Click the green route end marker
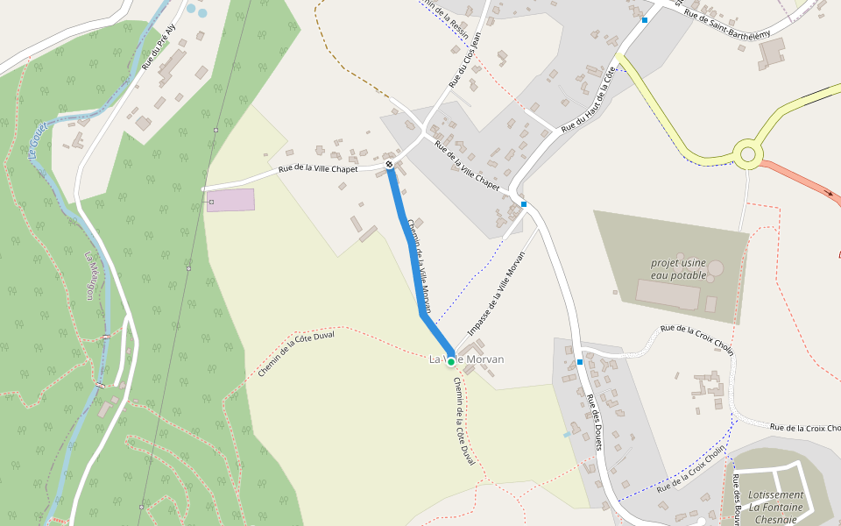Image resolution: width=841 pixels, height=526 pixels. coord(451,361)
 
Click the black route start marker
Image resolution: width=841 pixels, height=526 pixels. coord(389,164)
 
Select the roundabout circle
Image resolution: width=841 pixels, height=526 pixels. coord(747,155)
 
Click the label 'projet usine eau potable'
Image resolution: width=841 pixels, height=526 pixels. coord(678,268)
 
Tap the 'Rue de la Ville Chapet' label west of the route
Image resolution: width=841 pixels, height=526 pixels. coord(317,168)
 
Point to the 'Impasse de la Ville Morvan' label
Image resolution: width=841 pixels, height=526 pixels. coord(496,294)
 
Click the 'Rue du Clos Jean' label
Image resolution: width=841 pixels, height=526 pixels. coord(465,59)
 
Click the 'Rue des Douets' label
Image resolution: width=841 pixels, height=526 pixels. coord(594,423)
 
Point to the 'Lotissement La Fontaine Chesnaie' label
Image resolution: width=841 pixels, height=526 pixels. coord(776,507)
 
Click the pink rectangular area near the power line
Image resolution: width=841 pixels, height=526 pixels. coord(230,200)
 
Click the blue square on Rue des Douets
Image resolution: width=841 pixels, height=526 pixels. coord(580,361)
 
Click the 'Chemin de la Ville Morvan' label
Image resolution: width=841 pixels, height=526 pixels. coord(420,266)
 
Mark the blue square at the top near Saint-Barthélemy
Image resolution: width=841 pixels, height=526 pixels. coord(645,19)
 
